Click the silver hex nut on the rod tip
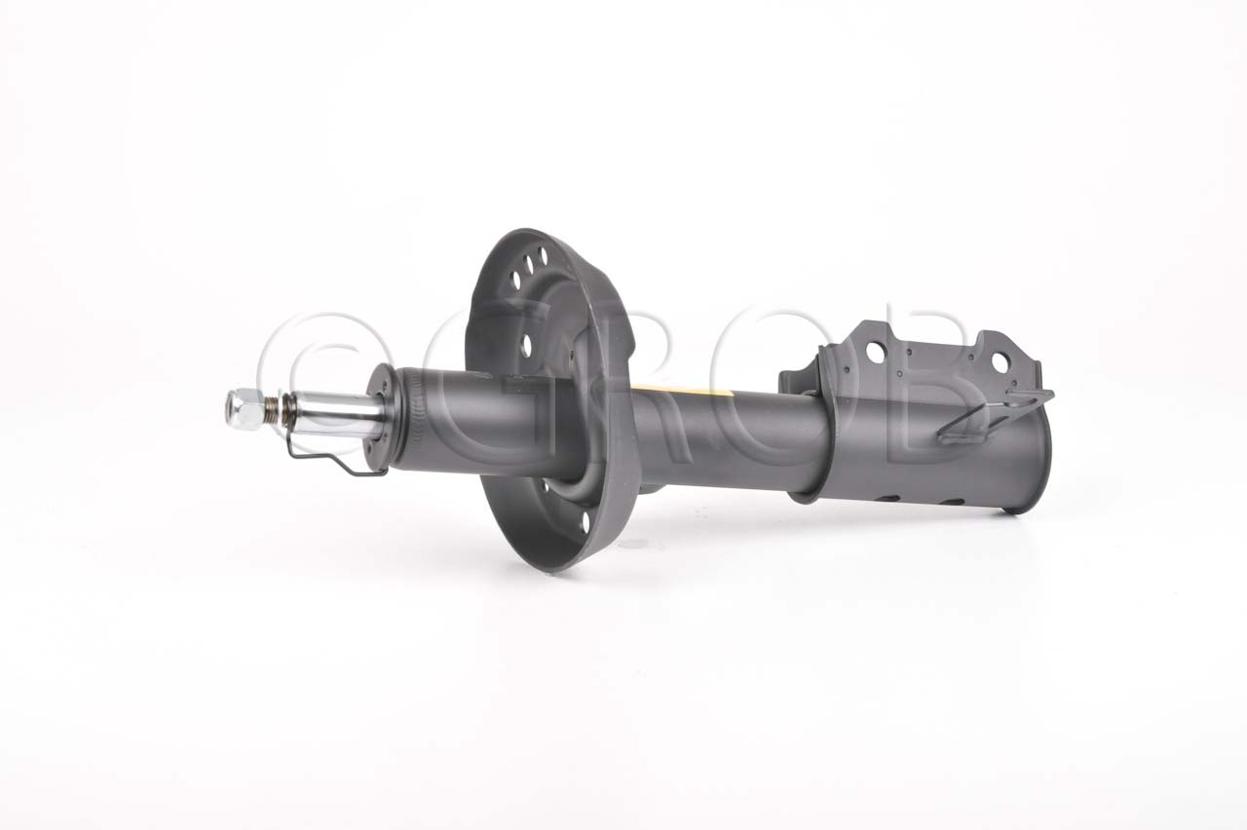pyautogui.click(x=245, y=409)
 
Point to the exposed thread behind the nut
pyautogui.click(x=273, y=412)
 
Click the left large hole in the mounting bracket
pyautogui.click(x=875, y=353)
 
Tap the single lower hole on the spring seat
pyautogui.click(x=585, y=522)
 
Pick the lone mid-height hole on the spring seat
pyautogui.click(x=525, y=345)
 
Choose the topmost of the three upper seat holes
pyautogui.click(x=543, y=255)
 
